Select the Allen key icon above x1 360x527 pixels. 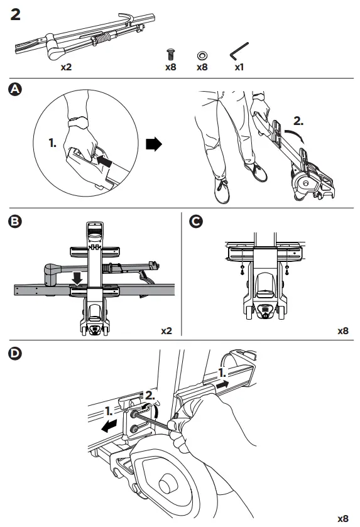tap(239, 50)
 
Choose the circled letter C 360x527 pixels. tap(197, 221)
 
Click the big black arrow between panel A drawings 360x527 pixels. tap(153, 144)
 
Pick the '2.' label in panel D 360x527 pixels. tap(150, 395)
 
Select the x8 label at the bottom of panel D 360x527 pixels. tap(342, 518)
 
